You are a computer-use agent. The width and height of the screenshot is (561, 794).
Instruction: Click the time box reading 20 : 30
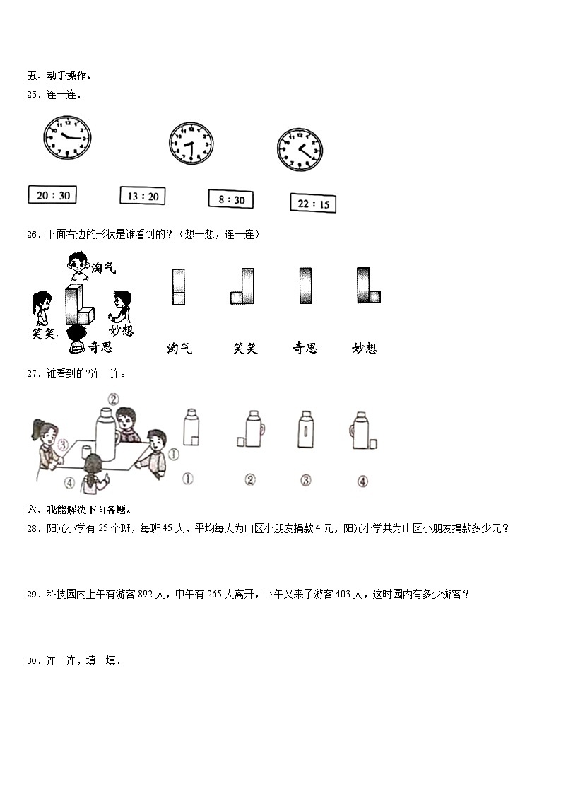52,194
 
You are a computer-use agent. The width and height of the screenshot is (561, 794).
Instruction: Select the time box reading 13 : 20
143,195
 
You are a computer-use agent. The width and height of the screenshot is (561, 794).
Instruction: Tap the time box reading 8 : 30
231,199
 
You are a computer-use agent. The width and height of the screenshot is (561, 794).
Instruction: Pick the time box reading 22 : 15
313,204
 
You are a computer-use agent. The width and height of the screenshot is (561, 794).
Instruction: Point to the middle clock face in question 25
191,146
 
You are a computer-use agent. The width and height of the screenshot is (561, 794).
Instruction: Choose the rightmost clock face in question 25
300,149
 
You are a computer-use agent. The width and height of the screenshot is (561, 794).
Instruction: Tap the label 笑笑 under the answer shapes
245,348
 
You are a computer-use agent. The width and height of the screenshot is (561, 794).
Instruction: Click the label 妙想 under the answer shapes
364,348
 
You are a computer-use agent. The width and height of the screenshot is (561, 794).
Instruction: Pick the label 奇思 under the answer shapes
305,348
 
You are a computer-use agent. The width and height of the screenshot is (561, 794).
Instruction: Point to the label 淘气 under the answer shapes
179,348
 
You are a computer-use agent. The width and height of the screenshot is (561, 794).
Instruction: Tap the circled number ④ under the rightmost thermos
362,481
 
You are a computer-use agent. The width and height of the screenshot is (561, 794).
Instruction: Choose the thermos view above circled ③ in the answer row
305,430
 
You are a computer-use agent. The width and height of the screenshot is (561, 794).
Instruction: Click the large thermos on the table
106,430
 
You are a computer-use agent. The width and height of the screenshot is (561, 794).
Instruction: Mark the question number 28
32,529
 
